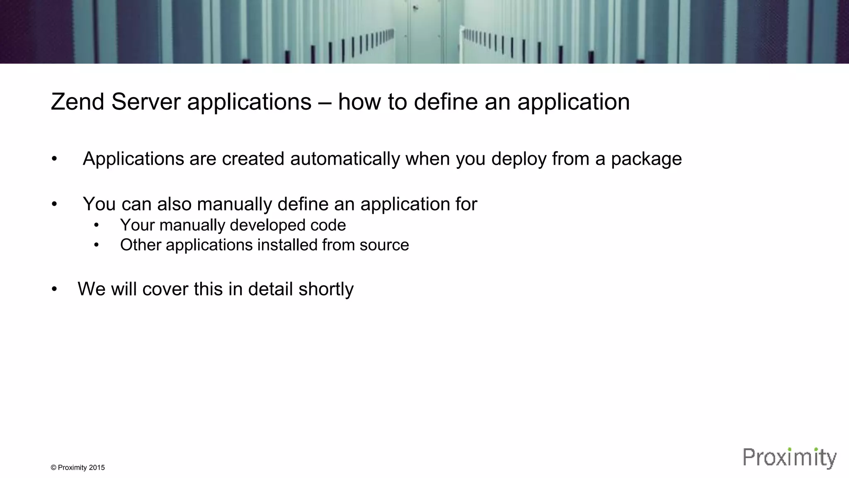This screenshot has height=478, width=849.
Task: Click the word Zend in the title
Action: (78, 102)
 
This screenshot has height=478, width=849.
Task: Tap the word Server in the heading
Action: (146, 102)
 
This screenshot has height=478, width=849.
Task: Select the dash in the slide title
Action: (325, 102)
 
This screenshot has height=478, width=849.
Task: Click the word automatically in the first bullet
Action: (345, 159)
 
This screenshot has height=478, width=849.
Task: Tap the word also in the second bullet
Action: (174, 204)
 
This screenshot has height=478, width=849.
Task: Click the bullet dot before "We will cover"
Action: (54, 289)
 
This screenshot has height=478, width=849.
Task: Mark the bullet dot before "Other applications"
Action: (97, 245)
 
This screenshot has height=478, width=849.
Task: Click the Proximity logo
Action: (789, 458)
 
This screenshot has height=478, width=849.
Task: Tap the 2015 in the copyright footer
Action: (97, 468)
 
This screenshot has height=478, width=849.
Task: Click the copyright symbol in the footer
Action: (53, 468)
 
